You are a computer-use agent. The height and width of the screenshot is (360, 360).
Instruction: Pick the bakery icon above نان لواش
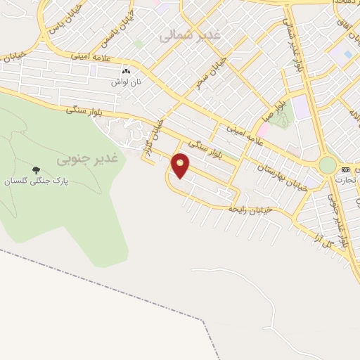coord(127,72)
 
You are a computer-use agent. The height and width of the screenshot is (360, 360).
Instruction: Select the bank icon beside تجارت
coord(345,170)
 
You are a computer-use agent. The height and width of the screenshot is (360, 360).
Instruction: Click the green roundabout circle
coord(327,165)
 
